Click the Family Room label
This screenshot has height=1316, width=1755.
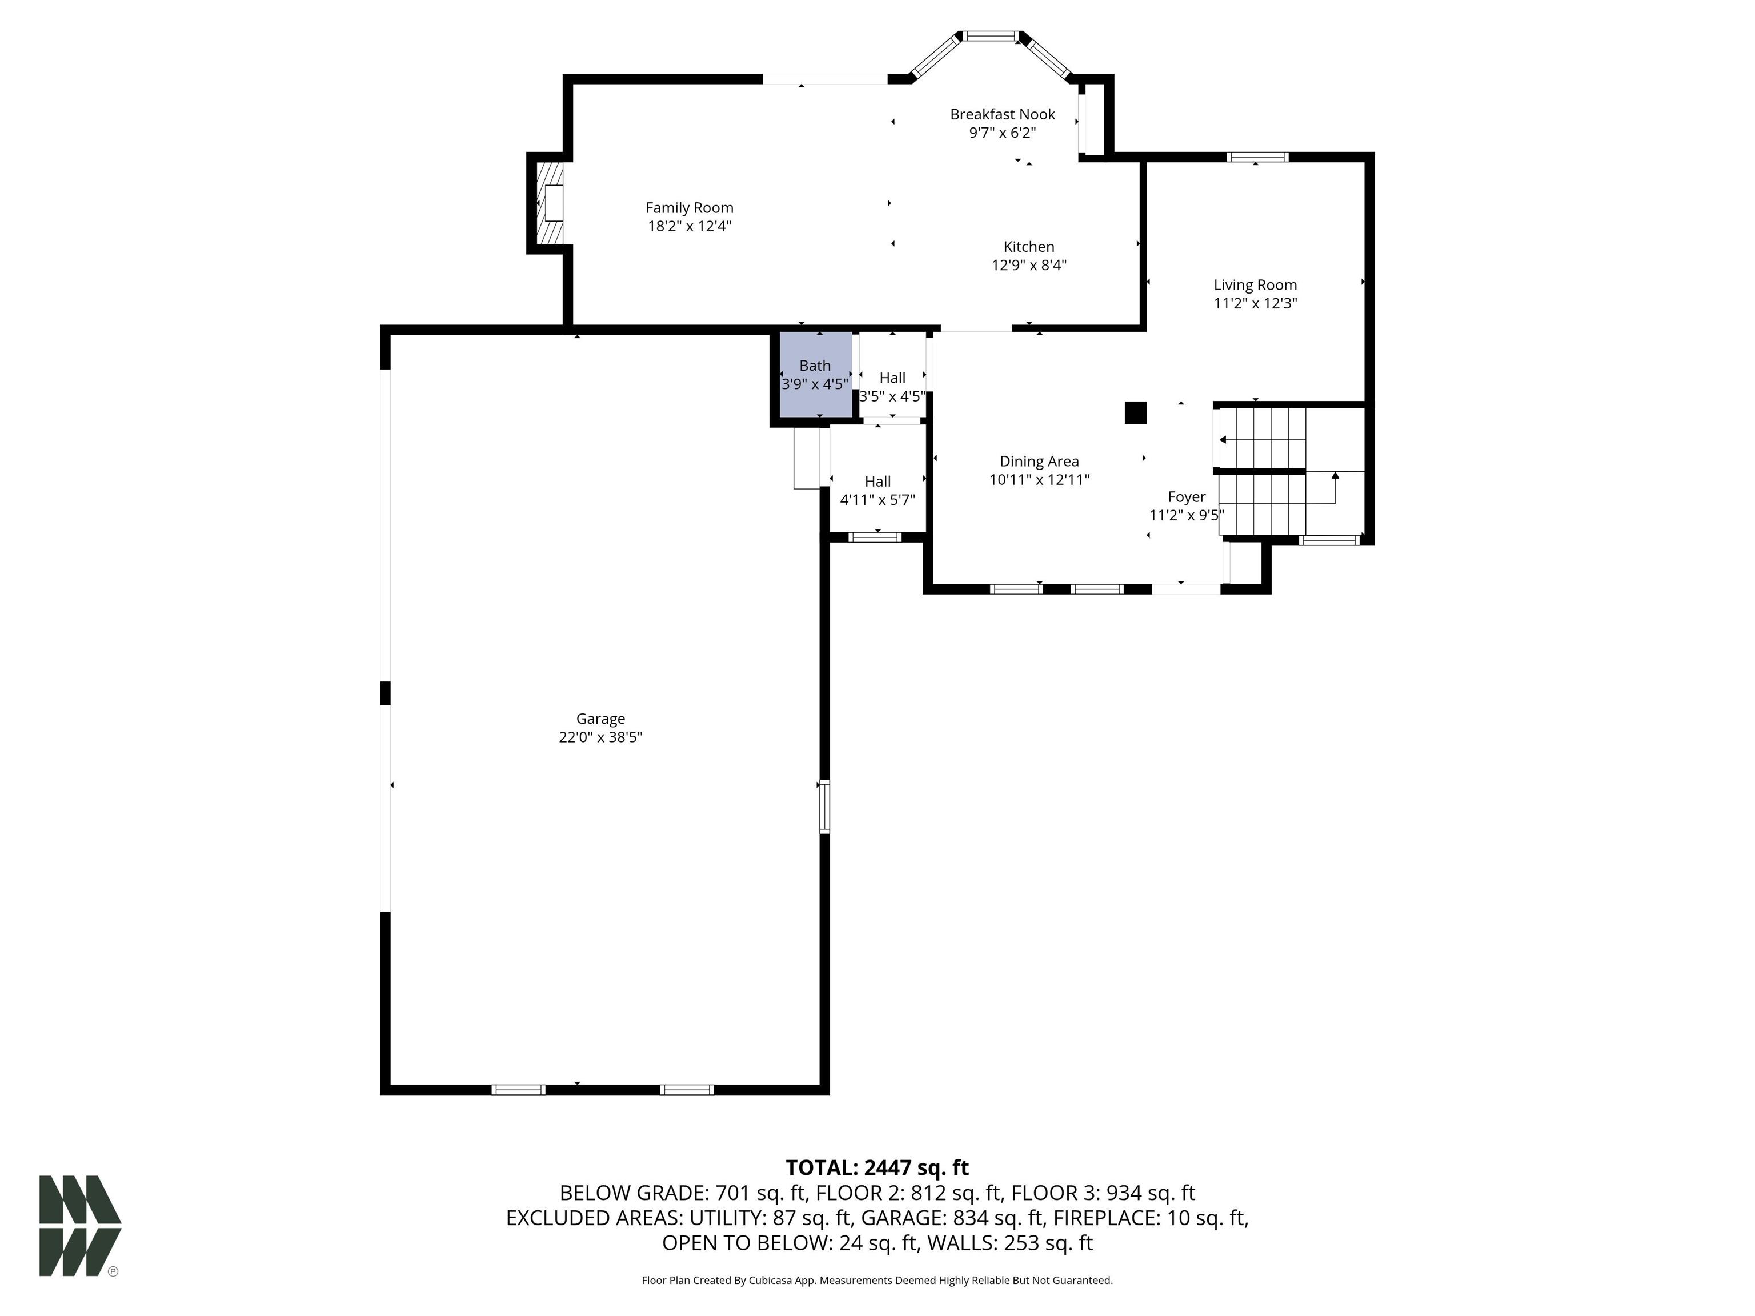[688, 208]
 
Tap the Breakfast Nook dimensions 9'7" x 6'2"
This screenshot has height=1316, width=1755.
[1002, 133]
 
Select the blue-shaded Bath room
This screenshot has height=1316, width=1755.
[815, 375]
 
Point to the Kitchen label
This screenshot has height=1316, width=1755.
[1028, 247]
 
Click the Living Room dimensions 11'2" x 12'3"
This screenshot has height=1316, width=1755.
[1255, 304]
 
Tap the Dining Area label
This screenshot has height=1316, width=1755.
[1039, 462]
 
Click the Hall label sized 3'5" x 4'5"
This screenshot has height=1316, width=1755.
[892, 378]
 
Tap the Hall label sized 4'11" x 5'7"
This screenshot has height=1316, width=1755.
[877, 482]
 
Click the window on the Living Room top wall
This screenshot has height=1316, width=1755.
[1257, 157]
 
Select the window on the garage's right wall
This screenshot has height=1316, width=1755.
[824, 806]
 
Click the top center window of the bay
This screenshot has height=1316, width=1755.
[990, 35]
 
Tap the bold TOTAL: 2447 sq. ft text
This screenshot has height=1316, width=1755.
[877, 1167]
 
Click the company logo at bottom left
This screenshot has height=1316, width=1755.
[79, 1226]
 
